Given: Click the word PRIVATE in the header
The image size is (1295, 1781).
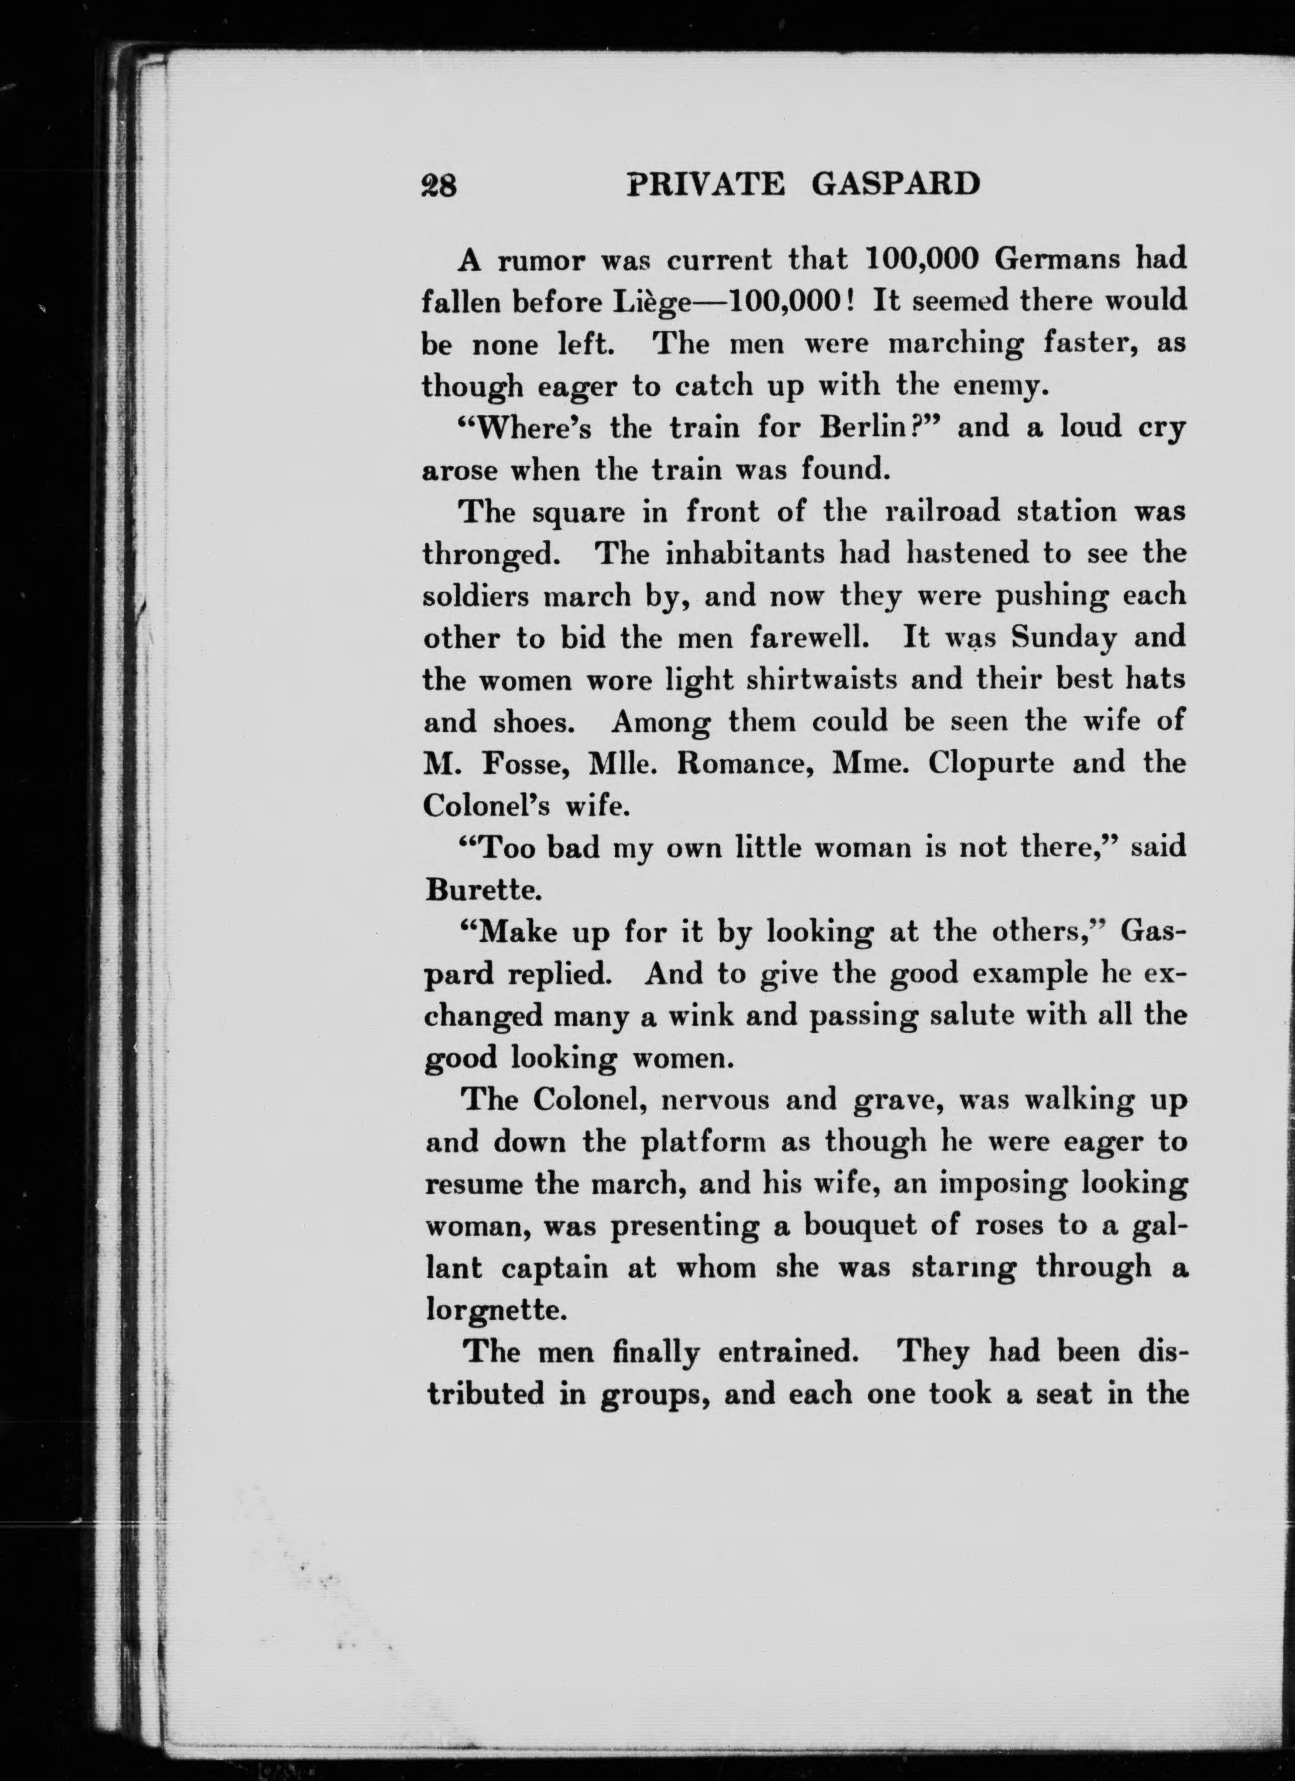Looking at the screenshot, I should click(x=706, y=185).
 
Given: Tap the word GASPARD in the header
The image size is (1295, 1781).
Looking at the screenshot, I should click(x=896, y=185).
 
